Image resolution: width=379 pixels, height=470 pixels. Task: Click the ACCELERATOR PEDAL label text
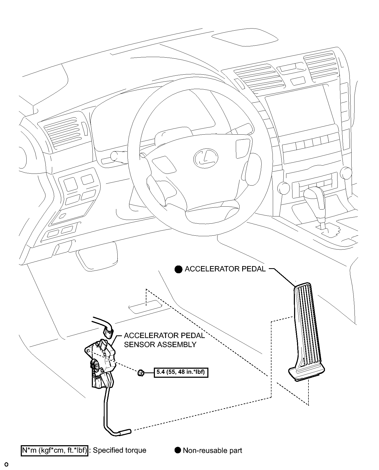click(225, 269)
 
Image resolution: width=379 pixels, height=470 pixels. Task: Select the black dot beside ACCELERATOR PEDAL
click(178, 269)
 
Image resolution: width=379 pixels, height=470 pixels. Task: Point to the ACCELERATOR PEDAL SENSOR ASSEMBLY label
click(164, 340)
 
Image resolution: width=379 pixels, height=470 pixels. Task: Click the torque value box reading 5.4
click(181, 372)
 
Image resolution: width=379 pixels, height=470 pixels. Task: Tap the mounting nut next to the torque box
click(141, 373)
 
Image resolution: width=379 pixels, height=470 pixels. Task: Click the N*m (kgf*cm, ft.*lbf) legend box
click(54, 451)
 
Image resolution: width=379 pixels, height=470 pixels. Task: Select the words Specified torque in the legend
click(120, 451)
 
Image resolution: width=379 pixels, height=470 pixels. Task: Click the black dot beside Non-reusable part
click(178, 451)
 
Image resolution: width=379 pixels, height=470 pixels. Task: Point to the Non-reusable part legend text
click(212, 451)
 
